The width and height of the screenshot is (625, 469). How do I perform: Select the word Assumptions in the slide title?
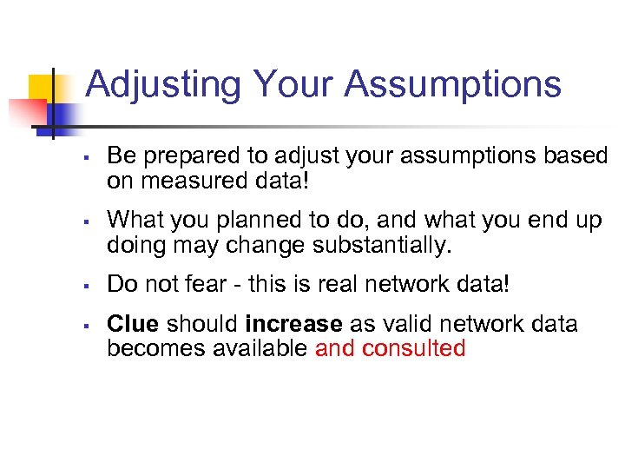pos(452,85)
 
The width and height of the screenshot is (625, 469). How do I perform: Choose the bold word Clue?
pos(132,325)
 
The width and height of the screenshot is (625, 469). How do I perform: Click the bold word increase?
pos(293,325)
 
